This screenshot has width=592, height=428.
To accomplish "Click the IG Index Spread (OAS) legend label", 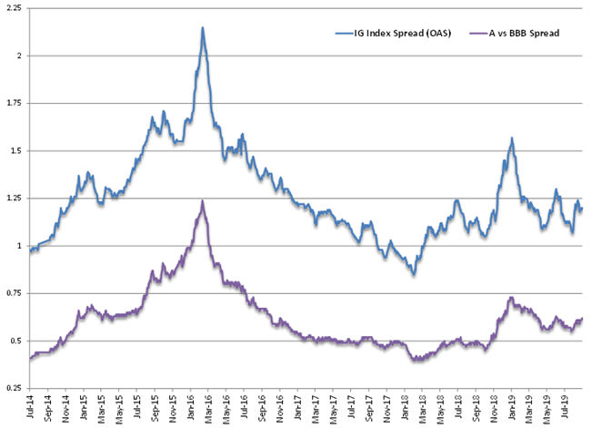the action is (403, 34).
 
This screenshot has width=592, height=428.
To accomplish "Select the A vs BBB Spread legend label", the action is (524, 34).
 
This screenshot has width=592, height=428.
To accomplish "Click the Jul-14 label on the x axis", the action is (30, 406).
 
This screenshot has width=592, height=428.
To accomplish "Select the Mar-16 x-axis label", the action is (208, 407).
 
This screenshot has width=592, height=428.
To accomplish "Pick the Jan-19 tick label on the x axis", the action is (512, 407).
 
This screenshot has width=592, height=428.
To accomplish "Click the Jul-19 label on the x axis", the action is (566, 406).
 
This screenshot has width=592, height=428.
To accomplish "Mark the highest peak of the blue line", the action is (203, 27).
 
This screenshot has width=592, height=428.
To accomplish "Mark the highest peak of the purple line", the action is (203, 200).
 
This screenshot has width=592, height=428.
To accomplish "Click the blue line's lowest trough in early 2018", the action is (414, 274).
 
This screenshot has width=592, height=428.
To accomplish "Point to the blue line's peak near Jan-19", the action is (512, 138).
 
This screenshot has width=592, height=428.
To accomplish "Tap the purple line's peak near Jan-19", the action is (511, 297).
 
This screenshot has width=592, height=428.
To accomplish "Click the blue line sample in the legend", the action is (344, 34).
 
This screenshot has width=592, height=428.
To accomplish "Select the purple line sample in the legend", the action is (478, 34).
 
